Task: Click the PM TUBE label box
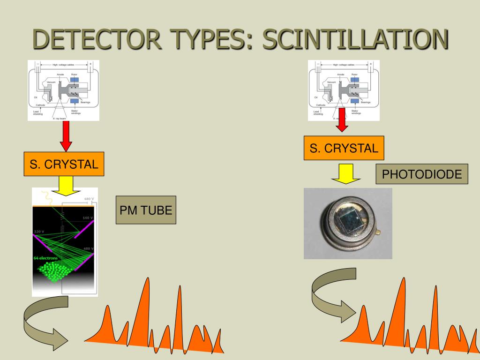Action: (146, 210)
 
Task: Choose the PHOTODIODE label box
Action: (422, 174)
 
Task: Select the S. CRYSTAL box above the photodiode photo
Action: (344, 148)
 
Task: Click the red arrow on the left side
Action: (66, 136)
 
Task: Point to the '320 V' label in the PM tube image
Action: (40, 232)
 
